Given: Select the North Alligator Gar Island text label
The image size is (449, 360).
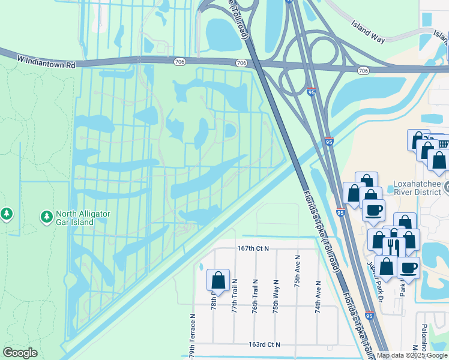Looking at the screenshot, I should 83,217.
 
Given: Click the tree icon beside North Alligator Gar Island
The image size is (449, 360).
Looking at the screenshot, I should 46,215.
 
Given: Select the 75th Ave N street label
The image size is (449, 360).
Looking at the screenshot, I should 297,271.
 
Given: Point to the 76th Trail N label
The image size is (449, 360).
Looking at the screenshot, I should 255,295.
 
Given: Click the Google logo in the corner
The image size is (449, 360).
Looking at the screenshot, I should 20,353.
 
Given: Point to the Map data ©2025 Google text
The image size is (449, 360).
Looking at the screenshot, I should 412,355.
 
